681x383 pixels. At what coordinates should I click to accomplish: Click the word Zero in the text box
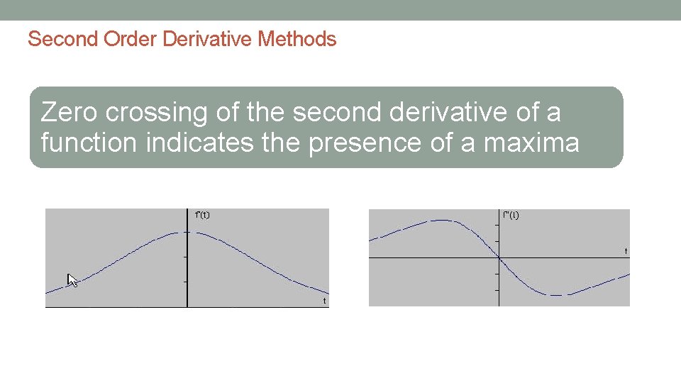coord(70,113)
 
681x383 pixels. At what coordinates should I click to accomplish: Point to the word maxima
coord(531,143)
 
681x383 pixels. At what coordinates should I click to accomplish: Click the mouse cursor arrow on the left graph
coord(71,279)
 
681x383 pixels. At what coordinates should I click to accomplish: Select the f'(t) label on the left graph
coord(202,215)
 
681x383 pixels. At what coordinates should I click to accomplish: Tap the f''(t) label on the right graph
coord(511,215)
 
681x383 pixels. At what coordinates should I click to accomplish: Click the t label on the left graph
coord(324,301)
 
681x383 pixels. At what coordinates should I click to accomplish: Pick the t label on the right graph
coord(626,251)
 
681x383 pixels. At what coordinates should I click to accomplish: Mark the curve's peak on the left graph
coord(187,232)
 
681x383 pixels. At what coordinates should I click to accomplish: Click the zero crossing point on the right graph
coord(499,258)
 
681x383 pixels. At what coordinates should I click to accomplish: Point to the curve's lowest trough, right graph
coord(558,294)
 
